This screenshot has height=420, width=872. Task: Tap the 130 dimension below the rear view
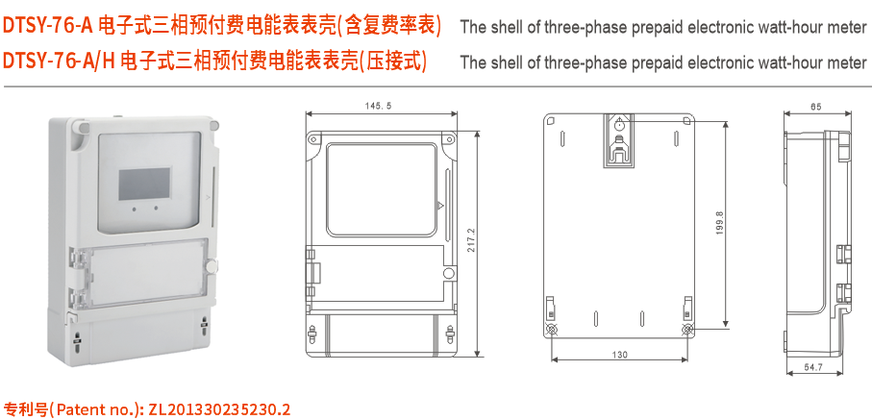coord(619,355)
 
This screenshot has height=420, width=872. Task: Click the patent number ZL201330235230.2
coord(218,408)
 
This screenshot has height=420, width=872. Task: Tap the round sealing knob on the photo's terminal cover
coord(211,265)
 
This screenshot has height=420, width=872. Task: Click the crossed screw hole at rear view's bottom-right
coord(686,330)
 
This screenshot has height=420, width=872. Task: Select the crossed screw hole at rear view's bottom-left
coord(552,330)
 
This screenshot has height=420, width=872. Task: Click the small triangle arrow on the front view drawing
coord(439,205)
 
